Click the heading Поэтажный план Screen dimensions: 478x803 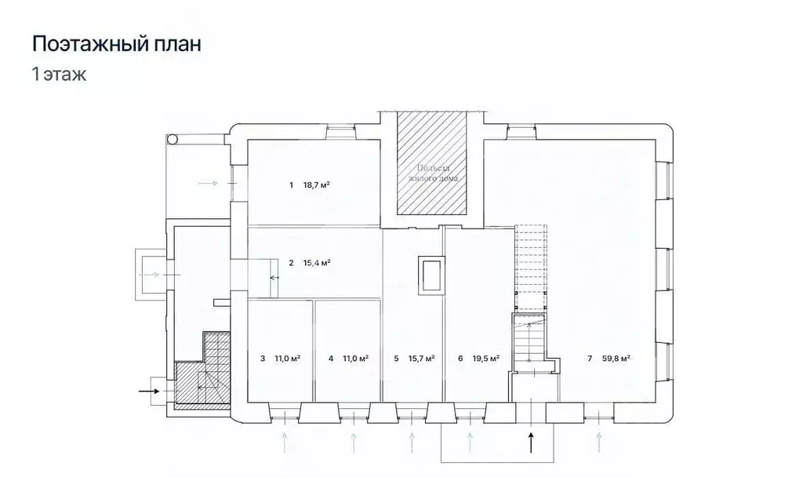tap(116, 44)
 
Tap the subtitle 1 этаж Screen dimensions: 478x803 tap(58, 75)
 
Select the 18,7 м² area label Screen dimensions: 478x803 tap(316, 185)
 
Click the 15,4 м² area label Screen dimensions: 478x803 tap(316, 263)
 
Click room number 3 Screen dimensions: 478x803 tap(262, 359)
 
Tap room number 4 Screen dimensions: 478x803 tap(331, 359)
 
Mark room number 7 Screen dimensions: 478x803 tap(589, 359)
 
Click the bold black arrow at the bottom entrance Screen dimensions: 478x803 tap(532, 443)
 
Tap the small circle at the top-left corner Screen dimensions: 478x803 tap(173, 139)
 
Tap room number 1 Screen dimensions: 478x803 tap(290, 185)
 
